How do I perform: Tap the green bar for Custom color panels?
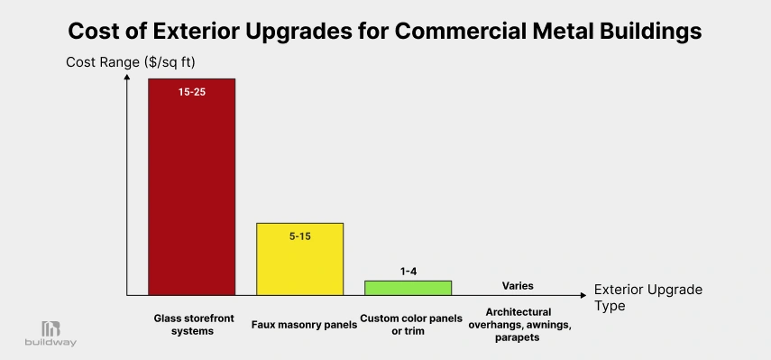pos(408,288)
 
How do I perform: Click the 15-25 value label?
pos(191,92)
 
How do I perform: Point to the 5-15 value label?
pos(300,235)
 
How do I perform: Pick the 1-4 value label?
pos(408,271)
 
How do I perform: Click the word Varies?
pos(518,285)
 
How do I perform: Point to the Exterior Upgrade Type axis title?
pos(647,298)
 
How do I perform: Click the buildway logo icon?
pos(50,329)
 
